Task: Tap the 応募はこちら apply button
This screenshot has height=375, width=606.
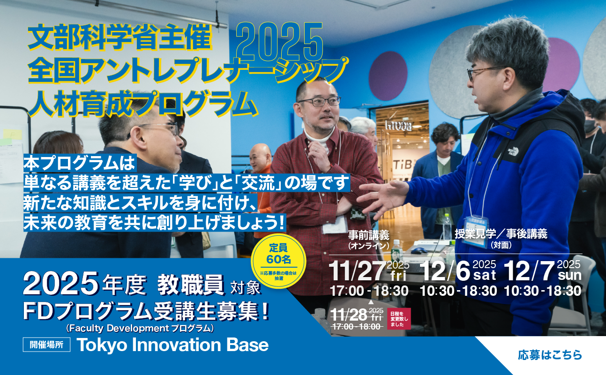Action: point(550,355)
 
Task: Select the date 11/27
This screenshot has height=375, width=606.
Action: point(357,271)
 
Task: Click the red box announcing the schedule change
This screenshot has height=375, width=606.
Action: point(399,319)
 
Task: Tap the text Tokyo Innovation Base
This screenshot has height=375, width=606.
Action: point(172,345)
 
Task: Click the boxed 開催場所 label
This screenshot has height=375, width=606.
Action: point(46,345)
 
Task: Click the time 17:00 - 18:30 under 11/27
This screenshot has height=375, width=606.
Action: point(369,291)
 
